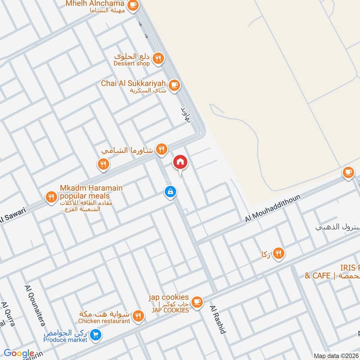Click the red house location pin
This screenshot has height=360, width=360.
[180, 162]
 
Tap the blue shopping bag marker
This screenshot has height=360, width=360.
[170, 192]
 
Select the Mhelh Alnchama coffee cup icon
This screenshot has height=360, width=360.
[133, 4]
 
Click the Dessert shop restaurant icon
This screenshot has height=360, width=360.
[157, 58]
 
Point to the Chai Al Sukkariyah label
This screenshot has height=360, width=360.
[134, 84]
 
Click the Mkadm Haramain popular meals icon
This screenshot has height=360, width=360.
[51, 197]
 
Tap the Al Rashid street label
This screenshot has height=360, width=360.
[218, 319]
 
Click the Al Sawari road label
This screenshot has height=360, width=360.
[13, 216]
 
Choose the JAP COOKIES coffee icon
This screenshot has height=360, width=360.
[197, 301]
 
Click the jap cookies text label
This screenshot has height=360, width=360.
[169, 297]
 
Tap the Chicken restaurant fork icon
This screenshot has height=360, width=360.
[139, 316]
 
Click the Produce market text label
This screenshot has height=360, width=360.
[65, 340]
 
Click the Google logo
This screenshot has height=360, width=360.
[18, 353]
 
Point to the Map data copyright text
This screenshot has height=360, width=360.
[336, 355]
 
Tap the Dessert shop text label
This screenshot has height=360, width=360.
[132, 64]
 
